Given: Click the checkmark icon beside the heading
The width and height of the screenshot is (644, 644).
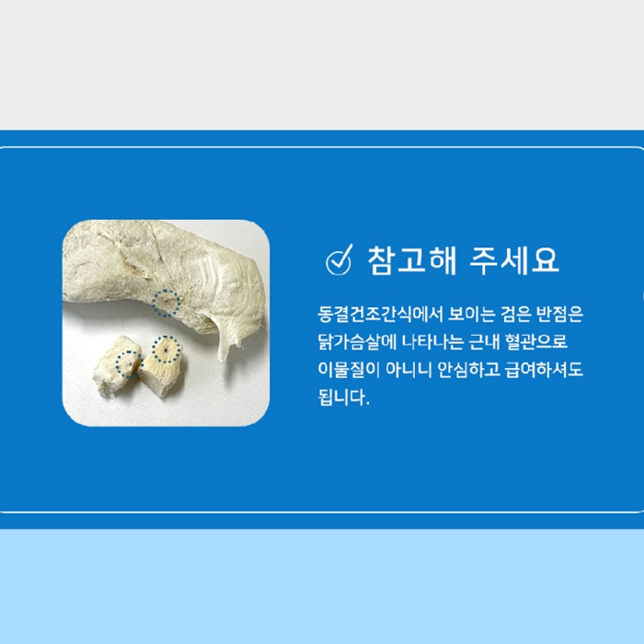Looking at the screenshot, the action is tap(339, 260).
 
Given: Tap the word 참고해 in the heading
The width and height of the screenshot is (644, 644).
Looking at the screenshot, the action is tap(412, 260).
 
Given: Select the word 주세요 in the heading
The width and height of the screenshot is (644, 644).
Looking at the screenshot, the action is tap(514, 260).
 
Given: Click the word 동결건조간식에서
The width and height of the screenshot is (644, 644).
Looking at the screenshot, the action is tap(380, 315).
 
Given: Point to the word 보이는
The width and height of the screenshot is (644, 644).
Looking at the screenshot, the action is tap(471, 315).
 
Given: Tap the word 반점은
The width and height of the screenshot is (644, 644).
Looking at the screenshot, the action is tap(559, 315).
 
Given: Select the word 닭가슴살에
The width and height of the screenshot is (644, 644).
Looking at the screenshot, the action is tap(357, 341).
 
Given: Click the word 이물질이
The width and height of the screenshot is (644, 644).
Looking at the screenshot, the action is tap(349, 370).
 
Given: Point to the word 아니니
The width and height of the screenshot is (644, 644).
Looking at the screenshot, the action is tap(408, 370).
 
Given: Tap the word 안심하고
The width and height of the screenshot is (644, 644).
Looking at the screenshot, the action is tap(468, 370).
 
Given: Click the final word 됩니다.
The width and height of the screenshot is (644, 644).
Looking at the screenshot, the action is tap(344, 397).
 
